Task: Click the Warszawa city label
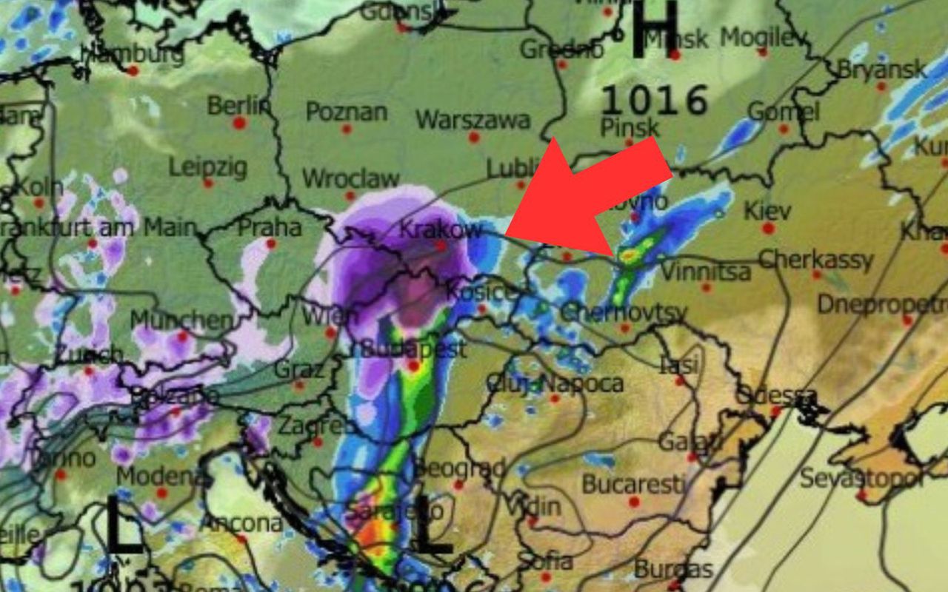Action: (x=473, y=120)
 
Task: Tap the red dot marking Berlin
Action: (x=239, y=123)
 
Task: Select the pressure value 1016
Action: (x=654, y=100)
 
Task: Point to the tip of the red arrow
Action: (x=506, y=235)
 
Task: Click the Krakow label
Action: (x=441, y=229)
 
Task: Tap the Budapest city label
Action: (x=412, y=348)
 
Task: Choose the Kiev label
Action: (x=767, y=210)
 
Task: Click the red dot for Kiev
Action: (x=768, y=228)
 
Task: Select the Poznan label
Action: (x=346, y=112)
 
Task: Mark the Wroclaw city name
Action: (x=350, y=178)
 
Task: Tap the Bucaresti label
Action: (x=633, y=484)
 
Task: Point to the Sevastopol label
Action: (x=861, y=477)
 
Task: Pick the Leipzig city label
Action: (x=207, y=166)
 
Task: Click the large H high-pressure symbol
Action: (x=655, y=30)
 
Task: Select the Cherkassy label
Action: (x=815, y=260)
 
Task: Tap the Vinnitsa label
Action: (x=705, y=272)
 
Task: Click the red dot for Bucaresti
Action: (x=634, y=502)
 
